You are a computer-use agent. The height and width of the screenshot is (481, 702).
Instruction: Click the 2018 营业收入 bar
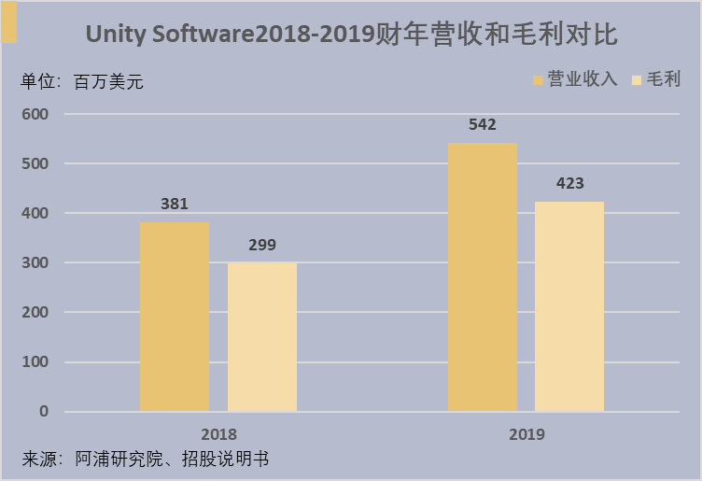(x=174, y=317)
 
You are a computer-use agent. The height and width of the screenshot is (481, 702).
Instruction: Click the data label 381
(x=175, y=204)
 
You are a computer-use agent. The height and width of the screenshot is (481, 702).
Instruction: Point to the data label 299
(x=262, y=246)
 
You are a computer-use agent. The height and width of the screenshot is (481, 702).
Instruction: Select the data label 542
(x=482, y=125)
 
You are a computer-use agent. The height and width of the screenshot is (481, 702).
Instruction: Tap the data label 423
(x=569, y=184)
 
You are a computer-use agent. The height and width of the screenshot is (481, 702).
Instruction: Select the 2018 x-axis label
(x=218, y=434)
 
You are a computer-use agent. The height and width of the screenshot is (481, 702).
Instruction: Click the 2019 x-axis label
(x=526, y=434)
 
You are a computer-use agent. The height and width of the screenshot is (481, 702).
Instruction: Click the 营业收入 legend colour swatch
(x=539, y=79)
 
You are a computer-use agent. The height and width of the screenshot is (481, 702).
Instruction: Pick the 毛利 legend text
(x=665, y=79)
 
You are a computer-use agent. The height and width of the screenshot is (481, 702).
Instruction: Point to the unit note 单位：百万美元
(x=82, y=81)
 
